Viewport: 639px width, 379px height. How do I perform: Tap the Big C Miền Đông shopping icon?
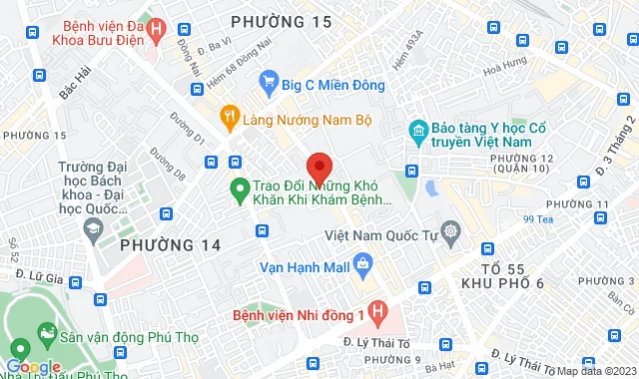[x=268, y=82]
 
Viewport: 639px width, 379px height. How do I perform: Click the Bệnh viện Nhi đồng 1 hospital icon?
[x=376, y=313]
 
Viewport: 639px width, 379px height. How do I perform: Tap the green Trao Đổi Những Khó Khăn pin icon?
[x=240, y=187]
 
